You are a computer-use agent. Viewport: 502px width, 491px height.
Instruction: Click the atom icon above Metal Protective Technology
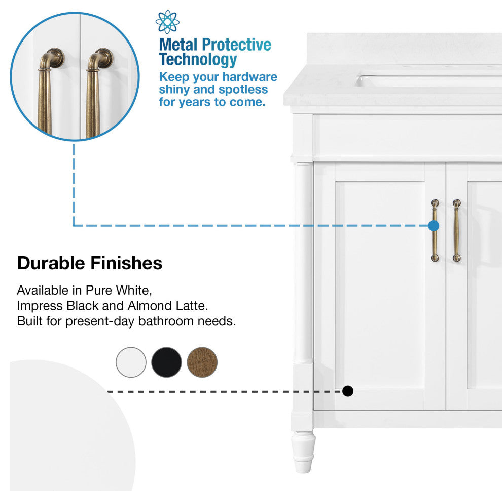167,22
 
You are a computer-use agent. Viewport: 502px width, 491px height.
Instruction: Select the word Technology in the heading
198,60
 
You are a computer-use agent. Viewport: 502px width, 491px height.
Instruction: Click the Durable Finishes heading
90,263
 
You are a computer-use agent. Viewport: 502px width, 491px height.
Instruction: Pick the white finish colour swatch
131,362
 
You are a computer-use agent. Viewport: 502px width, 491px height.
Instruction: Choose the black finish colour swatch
166,362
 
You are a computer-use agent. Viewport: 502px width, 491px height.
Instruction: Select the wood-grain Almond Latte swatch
202,362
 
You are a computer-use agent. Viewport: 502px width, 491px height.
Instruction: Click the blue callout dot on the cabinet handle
434,226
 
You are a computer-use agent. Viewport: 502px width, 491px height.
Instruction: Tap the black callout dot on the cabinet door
348,391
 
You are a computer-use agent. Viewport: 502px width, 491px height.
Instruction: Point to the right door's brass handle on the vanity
457,230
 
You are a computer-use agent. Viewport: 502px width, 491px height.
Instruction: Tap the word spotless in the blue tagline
243,90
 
